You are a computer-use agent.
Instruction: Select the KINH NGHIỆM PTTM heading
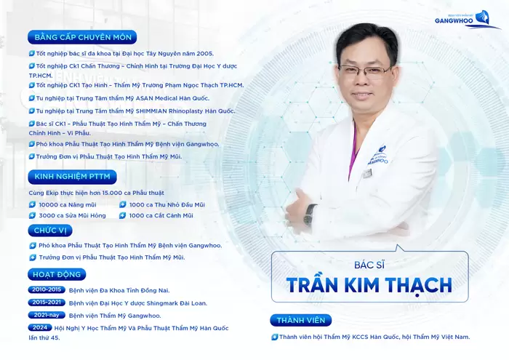pos(71,177)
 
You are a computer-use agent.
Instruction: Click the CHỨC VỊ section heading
pos(51,230)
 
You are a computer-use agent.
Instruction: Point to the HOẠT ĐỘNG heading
pos(57,274)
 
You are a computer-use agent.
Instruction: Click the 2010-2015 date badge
pos(46,289)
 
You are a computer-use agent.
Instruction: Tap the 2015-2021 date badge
pos(46,302)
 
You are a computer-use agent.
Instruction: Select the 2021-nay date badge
pos(46,315)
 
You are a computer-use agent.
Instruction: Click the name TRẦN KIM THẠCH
pos(369,284)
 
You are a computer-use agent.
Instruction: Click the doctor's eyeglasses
pos(364,71)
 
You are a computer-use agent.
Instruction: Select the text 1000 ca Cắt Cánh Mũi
pos(161,215)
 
